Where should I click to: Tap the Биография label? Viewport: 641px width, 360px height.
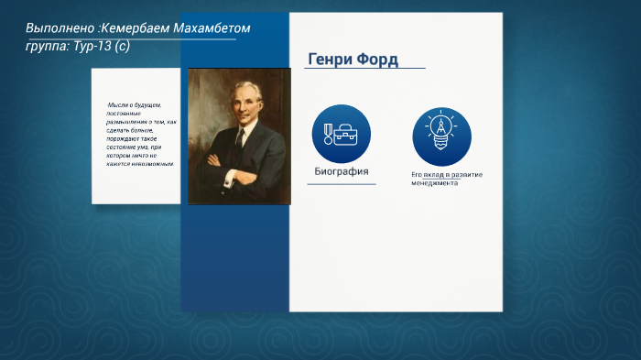[342, 171]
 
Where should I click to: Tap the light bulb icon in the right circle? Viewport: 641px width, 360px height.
[441, 133]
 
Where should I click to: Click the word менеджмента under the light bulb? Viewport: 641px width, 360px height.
[434, 182]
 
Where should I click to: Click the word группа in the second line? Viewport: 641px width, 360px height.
[44, 46]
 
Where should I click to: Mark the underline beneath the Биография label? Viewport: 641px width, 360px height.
[342, 184]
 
